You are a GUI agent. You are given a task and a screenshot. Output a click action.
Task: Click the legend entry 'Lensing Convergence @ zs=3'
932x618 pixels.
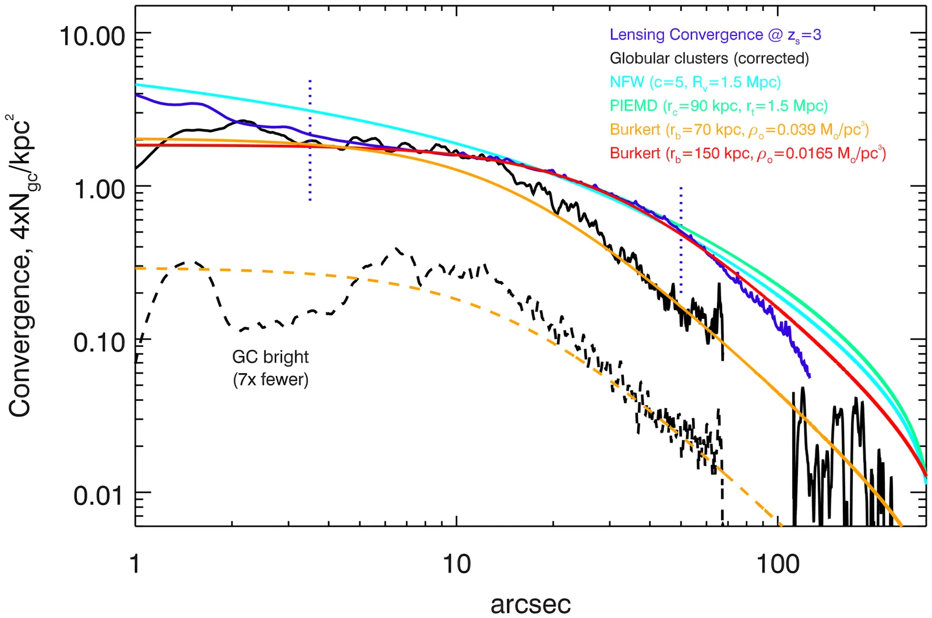click(x=715, y=35)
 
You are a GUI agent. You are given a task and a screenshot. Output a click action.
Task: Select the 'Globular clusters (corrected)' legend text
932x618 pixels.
click(x=709, y=59)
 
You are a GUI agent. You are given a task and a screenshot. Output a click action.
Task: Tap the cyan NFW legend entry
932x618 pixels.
click(x=695, y=82)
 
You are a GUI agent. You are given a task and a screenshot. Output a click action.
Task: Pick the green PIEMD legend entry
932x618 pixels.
click(x=718, y=106)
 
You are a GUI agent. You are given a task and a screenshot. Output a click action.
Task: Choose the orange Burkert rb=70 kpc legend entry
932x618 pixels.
click(x=739, y=130)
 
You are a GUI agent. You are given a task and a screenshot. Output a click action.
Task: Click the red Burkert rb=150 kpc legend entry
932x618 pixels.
click(x=747, y=154)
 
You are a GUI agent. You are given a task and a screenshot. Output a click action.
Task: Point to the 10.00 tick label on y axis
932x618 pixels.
click(x=93, y=36)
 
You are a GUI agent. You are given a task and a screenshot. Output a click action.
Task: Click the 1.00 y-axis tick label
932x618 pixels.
click(x=100, y=189)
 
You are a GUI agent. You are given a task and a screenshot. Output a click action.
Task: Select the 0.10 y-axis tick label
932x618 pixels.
click(x=100, y=342)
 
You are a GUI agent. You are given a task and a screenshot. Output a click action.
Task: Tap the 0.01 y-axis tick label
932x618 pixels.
click(x=100, y=495)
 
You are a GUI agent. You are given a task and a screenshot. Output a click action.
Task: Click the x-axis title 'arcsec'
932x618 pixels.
click(x=530, y=603)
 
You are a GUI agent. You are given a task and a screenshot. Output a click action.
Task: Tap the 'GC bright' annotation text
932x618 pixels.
click(x=270, y=357)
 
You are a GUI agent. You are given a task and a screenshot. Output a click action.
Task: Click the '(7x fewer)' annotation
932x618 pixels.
click(x=270, y=380)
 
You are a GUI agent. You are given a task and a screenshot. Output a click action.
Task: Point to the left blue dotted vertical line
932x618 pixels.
click(x=310, y=140)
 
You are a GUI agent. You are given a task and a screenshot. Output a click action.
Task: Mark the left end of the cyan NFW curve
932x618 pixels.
click(x=137, y=85)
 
